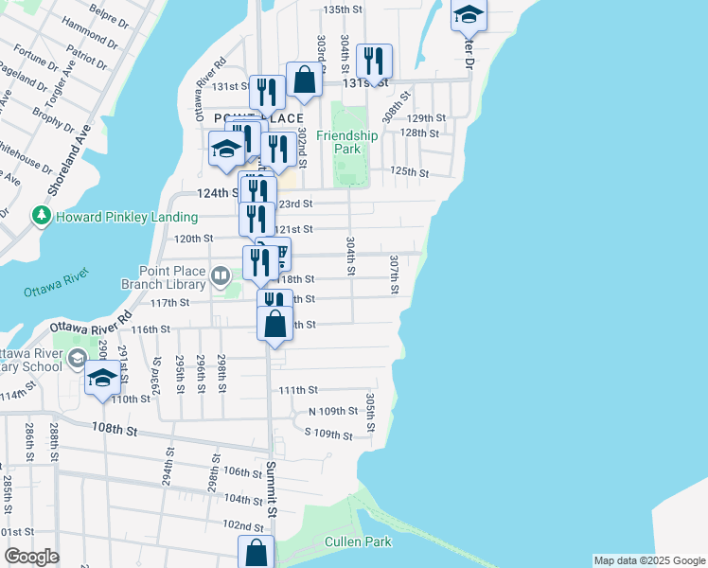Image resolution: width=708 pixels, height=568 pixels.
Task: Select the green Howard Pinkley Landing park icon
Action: [41, 217]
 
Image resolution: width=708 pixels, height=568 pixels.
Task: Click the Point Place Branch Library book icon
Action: [221, 275]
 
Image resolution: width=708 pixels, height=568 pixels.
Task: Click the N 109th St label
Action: [333, 412]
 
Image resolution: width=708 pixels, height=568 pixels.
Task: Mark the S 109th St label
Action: [328, 435]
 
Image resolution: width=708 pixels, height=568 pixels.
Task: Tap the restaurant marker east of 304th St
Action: [375, 62]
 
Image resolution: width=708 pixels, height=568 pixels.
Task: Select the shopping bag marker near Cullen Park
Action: [256, 552]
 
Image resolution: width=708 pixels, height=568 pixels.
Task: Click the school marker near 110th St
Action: [102, 379]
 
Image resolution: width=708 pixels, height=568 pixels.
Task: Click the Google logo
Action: [31, 557]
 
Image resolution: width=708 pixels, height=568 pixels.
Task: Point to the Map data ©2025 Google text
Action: [648, 560]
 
